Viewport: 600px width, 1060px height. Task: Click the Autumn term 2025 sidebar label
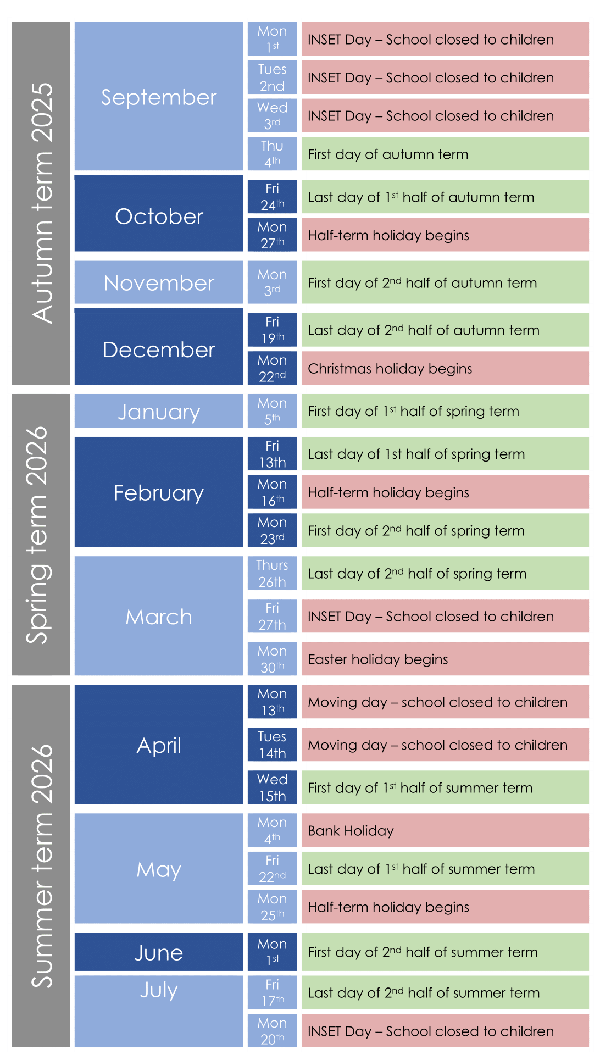(x=41, y=203)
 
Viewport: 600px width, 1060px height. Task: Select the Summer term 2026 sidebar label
(x=41, y=865)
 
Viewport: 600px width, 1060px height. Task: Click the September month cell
(x=159, y=97)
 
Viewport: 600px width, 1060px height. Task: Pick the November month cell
(x=159, y=282)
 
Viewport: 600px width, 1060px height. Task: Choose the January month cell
(x=159, y=411)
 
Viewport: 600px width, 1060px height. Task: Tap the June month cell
(x=159, y=952)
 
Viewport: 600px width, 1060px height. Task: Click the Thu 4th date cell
(x=272, y=154)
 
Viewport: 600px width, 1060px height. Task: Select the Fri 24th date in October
(x=272, y=197)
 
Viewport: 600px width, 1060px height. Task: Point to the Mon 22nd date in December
(x=272, y=368)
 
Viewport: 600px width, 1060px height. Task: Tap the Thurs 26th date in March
(x=272, y=573)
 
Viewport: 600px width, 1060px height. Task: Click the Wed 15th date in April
(x=272, y=787)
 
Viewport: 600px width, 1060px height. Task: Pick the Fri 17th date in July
(x=272, y=992)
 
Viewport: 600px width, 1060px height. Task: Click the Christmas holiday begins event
(x=445, y=368)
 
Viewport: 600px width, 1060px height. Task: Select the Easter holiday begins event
(x=445, y=659)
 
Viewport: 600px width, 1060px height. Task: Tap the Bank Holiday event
(x=445, y=830)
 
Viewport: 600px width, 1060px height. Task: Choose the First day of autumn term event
(x=445, y=154)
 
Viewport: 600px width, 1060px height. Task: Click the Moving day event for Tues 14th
(x=445, y=745)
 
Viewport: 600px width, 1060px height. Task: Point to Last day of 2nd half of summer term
(x=445, y=992)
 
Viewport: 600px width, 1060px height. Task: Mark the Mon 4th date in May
(x=272, y=830)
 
